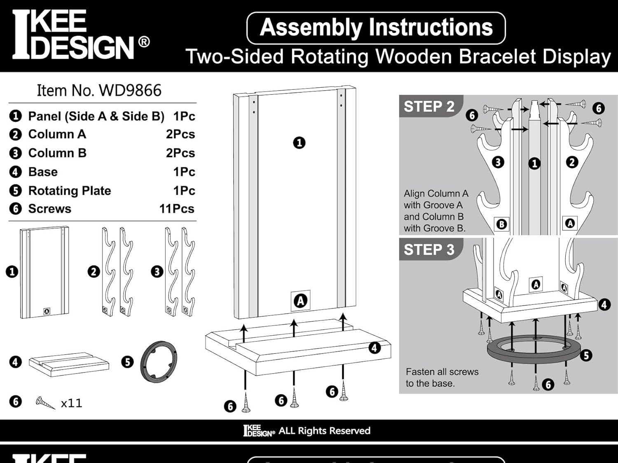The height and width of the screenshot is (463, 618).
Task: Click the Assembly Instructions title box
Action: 376,28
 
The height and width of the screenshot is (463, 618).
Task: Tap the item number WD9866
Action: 99,91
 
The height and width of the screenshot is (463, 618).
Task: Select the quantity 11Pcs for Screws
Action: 177,209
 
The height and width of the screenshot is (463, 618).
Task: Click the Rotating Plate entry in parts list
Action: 69,191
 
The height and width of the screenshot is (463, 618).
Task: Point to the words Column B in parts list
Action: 57,153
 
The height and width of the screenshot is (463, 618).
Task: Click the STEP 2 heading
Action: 429,106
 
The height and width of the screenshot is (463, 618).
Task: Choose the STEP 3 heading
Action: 429,250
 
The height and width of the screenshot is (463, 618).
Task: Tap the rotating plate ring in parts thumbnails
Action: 159,362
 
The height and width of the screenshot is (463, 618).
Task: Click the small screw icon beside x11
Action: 45,402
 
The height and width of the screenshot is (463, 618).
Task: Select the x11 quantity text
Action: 72,403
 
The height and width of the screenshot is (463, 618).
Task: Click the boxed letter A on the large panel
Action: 300,301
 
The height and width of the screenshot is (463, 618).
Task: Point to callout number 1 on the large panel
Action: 299,143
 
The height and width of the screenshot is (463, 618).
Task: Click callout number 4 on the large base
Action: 374,348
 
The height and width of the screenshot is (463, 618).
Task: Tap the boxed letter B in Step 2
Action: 501,224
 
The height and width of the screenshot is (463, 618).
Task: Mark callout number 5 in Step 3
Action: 586,355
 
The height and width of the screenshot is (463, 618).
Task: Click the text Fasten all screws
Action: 442,372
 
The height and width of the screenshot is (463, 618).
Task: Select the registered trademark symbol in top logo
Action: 144,42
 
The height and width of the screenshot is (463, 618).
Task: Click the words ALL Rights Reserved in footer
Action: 324,431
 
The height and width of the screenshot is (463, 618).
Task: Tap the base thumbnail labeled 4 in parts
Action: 69,364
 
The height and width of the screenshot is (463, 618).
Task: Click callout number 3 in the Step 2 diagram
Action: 498,162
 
